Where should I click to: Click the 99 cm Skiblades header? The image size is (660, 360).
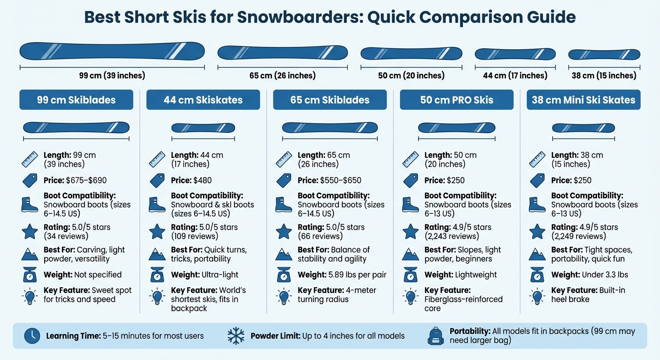point(76,100)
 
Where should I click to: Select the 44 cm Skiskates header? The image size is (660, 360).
point(203,100)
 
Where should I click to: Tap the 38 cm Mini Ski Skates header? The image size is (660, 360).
point(583,100)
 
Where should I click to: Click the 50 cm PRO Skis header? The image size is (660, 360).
point(457,100)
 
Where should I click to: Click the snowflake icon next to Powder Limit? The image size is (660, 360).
point(236,336)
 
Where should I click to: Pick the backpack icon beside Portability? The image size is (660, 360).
point(436,336)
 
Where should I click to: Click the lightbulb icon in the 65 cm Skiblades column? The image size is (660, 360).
point(284,296)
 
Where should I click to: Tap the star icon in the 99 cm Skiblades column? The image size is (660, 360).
point(30,231)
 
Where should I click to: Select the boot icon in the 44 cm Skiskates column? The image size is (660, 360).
point(157,204)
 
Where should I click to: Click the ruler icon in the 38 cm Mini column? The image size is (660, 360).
point(537,159)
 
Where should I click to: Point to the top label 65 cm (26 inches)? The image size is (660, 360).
point(282,75)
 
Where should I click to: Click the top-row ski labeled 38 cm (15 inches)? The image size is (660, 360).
point(604,54)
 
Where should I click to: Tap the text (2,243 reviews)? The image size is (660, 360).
point(451,236)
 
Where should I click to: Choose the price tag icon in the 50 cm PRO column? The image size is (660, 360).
point(411,180)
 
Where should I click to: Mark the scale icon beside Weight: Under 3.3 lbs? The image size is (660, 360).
point(537,275)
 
